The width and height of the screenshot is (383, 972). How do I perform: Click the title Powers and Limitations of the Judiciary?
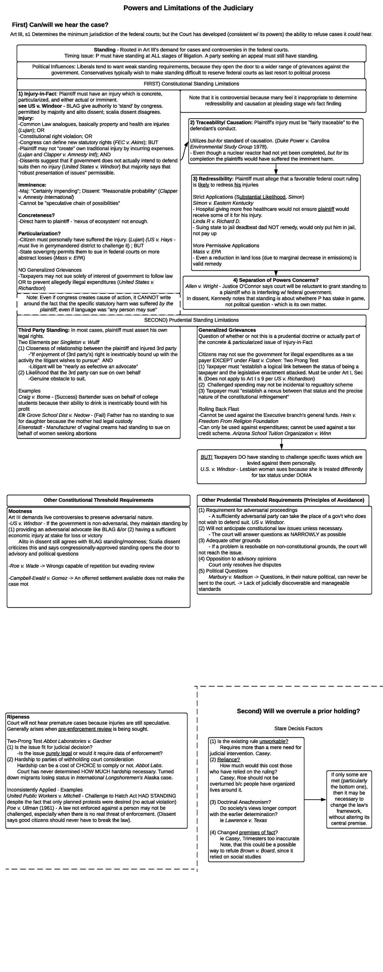188,8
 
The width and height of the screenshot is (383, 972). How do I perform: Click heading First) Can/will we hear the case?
60,25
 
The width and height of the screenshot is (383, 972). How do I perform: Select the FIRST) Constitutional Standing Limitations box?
191,84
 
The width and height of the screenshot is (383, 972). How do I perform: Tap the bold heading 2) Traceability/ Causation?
221,123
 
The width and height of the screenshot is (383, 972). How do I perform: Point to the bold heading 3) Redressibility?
213,179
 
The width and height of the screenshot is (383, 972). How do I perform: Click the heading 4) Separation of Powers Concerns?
276,280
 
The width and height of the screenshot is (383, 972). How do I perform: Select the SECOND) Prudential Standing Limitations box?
191,320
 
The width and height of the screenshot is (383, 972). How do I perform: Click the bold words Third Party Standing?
44,330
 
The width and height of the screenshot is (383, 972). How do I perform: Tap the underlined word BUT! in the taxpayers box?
206,457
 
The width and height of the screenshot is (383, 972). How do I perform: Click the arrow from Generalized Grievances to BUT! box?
282,444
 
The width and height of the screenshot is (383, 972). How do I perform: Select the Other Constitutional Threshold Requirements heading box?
98,500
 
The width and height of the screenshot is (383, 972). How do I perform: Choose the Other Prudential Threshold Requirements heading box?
282,500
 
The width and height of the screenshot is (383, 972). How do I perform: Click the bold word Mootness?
20,511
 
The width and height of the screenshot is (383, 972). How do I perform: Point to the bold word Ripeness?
18,717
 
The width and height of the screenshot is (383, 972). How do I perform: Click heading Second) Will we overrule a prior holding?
298,711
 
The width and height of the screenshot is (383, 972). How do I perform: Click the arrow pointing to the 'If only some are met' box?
315,800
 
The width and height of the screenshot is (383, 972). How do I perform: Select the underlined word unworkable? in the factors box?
274,742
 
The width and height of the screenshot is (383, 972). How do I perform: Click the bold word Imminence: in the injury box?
32,185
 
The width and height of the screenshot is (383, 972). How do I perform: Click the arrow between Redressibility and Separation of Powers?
276,273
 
